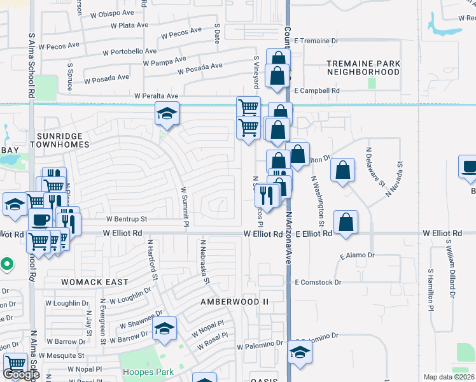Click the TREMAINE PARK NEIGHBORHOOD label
point(363,67)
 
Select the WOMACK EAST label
point(94,281)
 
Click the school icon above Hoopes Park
point(165,329)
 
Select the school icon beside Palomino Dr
point(300,351)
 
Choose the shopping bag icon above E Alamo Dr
point(346,223)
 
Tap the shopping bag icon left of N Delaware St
point(342,170)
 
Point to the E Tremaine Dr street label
point(316,41)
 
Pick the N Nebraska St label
point(206,261)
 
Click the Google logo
point(21,374)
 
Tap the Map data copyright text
point(449,377)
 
